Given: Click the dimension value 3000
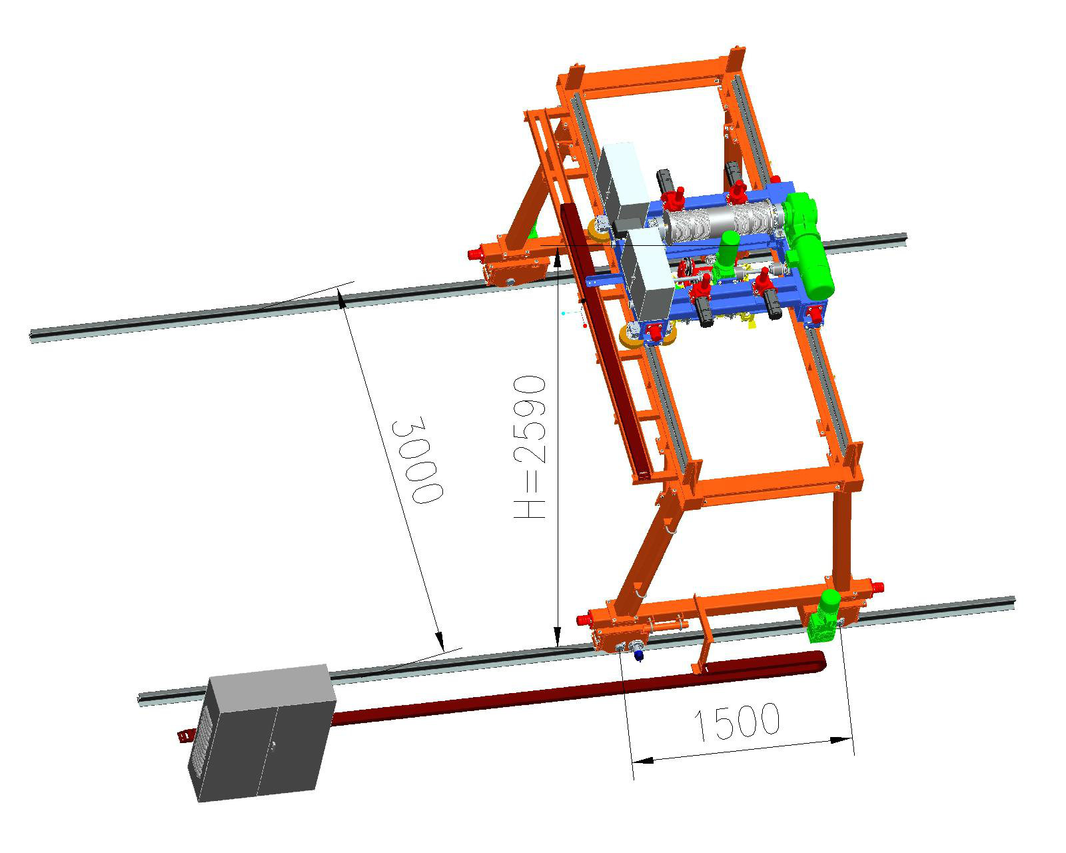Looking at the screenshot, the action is click(417, 459).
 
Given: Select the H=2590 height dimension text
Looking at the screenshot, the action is click(530, 446).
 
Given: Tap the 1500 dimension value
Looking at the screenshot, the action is click(737, 722).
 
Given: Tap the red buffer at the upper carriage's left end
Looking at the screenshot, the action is click(475, 255).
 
